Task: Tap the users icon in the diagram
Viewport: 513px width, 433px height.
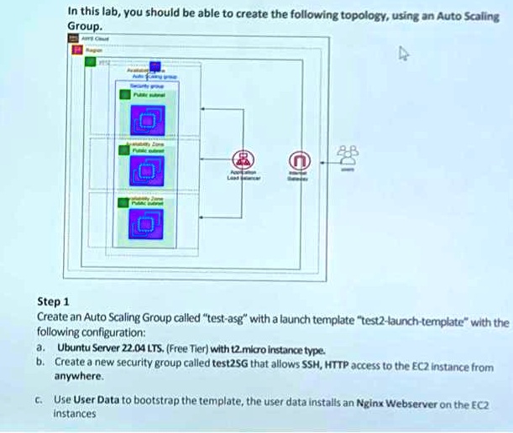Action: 347,153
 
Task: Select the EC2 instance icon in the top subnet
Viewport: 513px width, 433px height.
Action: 147,124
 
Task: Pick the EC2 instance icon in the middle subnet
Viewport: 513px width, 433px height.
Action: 147,172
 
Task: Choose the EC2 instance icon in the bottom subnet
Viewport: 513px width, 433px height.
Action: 147,222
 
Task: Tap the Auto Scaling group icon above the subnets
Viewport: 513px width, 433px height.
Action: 154,68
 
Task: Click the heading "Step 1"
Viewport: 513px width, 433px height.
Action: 55,302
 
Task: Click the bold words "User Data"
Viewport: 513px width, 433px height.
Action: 97,400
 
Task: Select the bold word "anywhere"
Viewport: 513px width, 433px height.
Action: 78,377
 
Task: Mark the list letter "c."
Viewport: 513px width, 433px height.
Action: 40,400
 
